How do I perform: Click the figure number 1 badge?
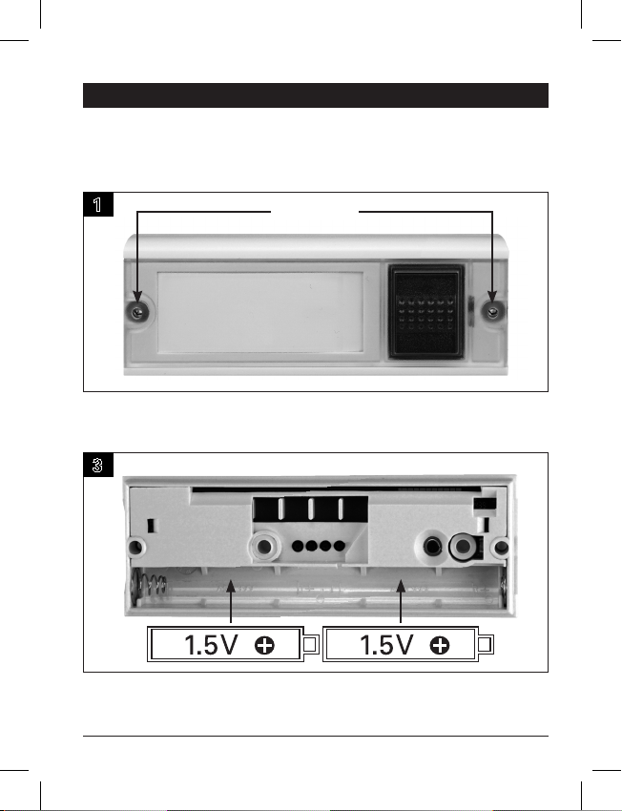coord(97,204)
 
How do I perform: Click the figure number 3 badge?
coord(97,465)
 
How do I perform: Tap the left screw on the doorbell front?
coord(137,312)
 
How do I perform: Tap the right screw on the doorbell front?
coord(492,312)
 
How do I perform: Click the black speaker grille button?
coord(426,311)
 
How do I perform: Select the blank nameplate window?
coord(260,312)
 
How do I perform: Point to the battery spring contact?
coord(150,588)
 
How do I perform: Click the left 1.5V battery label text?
coord(211,645)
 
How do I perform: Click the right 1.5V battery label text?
coord(386,645)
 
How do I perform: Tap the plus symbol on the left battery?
coord(264,646)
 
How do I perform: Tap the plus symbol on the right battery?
coord(440,646)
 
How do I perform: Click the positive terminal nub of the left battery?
coord(310,644)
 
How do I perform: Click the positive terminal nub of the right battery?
coord(486,644)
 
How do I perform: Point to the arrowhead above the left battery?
coord(231,587)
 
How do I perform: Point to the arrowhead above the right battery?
coord(401,587)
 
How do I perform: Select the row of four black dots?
coord(319,546)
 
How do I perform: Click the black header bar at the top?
coord(316,95)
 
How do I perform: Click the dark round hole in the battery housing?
coord(432,546)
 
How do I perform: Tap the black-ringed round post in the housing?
coord(463,547)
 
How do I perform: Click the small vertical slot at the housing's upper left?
coord(151,526)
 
